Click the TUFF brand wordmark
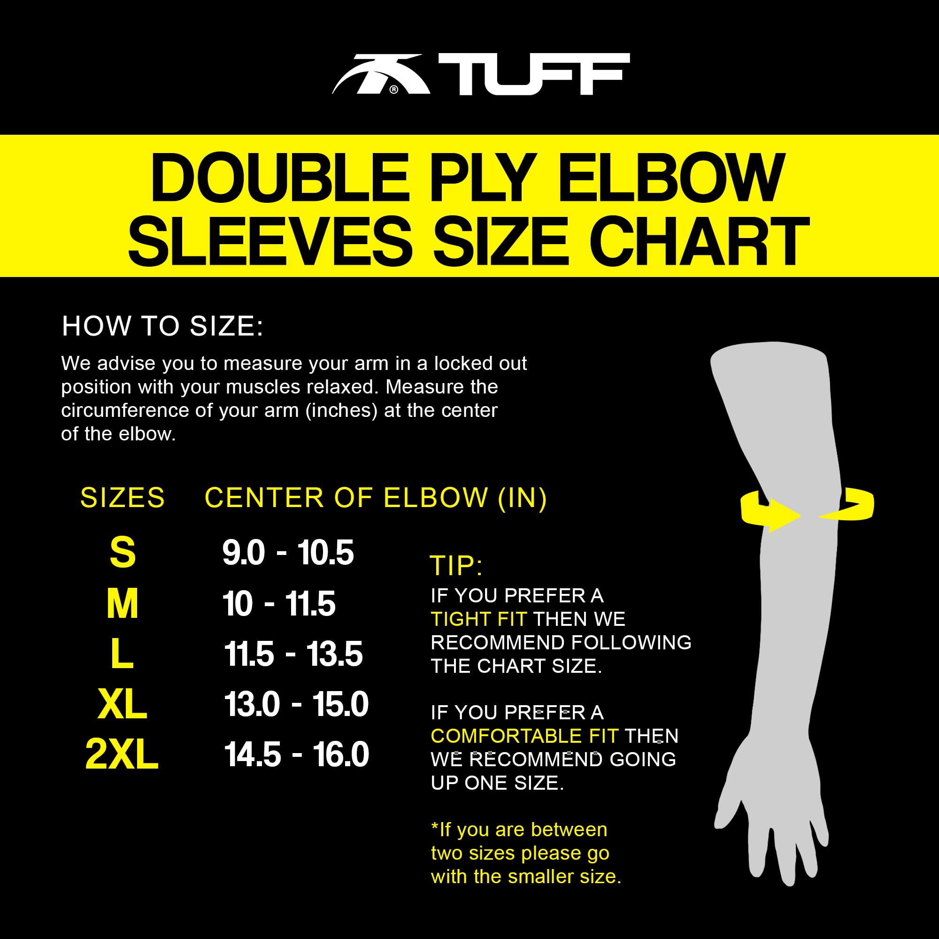(x=534, y=74)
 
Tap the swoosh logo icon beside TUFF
(x=381, y=74)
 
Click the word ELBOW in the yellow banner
(x=671, y=178)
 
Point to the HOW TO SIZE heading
(x=162, y=326)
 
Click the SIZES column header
(x=123, y=498)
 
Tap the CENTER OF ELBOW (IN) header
(x=376, y=498)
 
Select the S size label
(x=123, y=552)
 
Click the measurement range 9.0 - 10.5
(x=288, y=553)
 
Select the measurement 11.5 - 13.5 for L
(x=293, y=654)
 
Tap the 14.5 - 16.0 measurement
(x=296, y=754)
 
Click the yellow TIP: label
(x=456, y=566)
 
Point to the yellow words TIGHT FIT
(x=479, y=619)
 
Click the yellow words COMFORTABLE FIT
(x=524, y=736)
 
